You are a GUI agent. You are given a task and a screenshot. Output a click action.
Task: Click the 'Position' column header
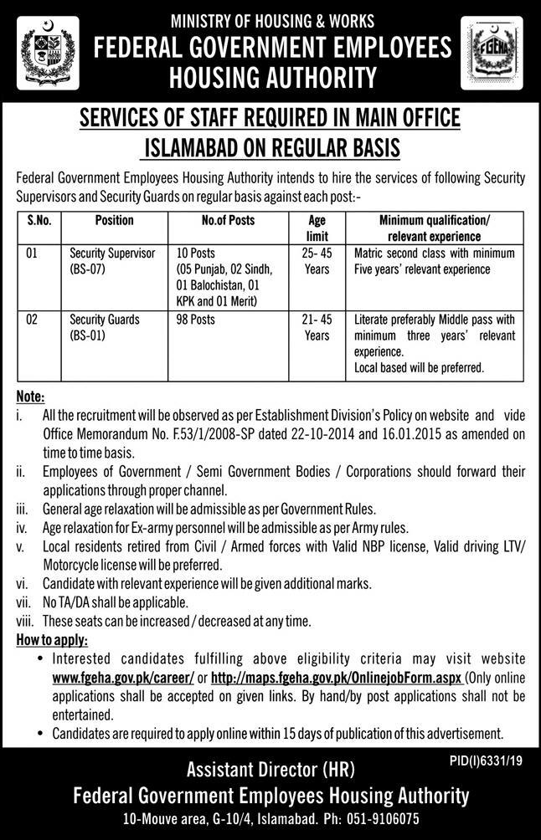pos(114,221)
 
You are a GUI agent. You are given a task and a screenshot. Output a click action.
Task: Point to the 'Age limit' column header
pos(317,228)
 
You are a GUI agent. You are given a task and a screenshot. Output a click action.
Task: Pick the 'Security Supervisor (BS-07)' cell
pos(112,261)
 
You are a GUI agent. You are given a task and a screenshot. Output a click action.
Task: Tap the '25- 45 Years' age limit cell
pos(317,261)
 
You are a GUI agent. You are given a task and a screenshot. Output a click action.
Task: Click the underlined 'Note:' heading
pos(31,397)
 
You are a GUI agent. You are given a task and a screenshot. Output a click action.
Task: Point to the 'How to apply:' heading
pos(51,640)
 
